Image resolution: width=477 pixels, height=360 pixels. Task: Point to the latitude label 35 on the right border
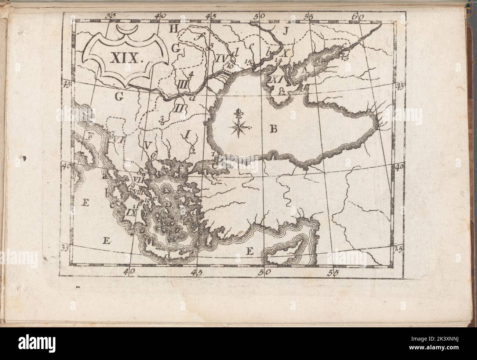click(x=398, y=249)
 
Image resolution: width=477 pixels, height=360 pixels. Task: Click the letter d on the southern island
click(x=168, y=255)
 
